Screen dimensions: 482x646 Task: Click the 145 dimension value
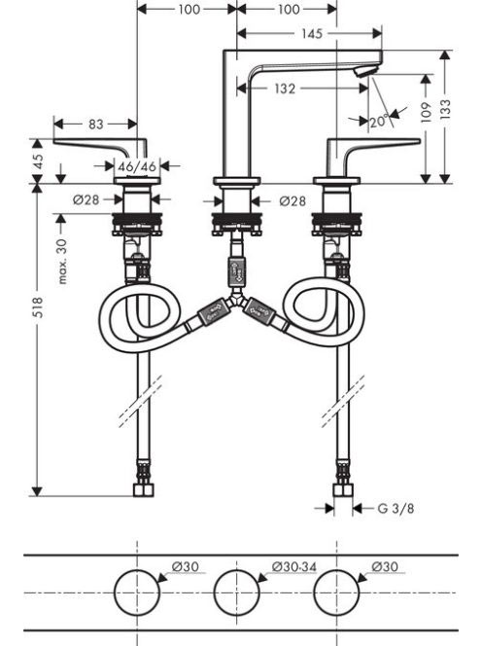pyautogui.click(x=312, y=33)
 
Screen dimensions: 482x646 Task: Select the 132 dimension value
pyautogui.click(x=285, y=89)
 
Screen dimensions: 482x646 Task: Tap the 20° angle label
pyautogui.click(x=379, y=122)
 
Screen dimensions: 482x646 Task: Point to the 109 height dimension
pyautogui.click(x=426, y=112)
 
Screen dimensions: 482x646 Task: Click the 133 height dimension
pyautogui.click(x=445, y=109)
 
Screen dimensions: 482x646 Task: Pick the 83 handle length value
pyautogui.click(x=96, y=124)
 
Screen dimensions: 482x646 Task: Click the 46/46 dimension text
pyautogui.click(x=137, y=166)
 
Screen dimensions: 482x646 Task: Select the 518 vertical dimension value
pyautogui.click(x=38, y=306)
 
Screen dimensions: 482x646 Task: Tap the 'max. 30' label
pyautogui.click(x=62, y=261)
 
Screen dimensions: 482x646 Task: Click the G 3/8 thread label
pyautogui.click(x=396, y=509)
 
